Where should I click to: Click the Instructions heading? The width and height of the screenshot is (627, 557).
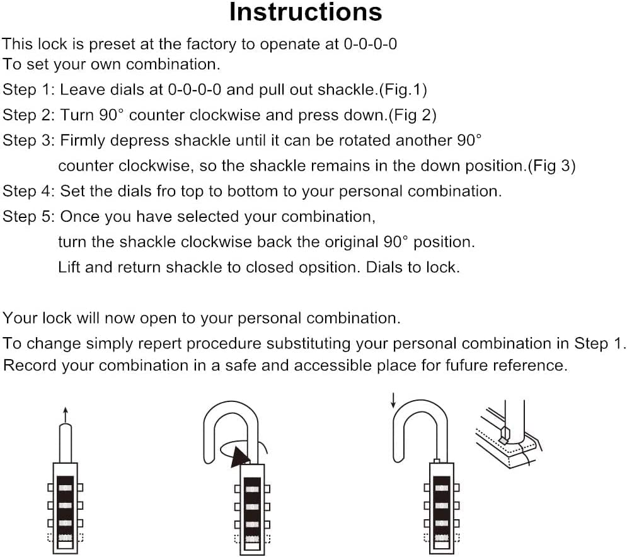point(306,13)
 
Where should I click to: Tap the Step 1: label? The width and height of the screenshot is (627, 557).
point(29,89)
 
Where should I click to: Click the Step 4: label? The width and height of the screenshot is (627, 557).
point(29,192)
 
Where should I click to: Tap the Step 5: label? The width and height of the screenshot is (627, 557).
point(29,217)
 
